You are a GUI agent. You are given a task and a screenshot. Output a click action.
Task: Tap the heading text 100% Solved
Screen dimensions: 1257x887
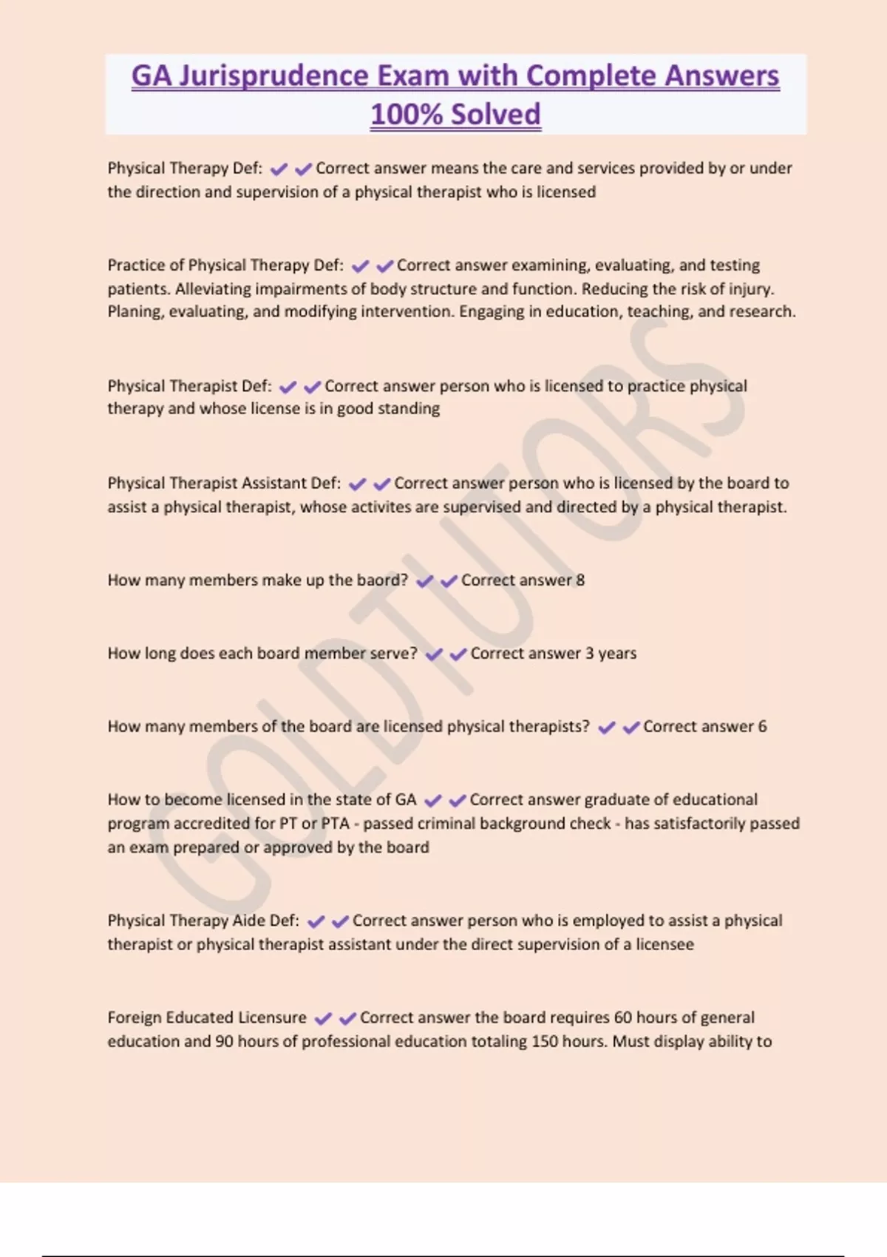click(x=455, y=115)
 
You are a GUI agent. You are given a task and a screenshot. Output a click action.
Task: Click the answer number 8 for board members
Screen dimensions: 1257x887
click(x=580, y=580)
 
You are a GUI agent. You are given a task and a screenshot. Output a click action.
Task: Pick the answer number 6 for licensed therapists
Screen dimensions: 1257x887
click(x=762, y=727)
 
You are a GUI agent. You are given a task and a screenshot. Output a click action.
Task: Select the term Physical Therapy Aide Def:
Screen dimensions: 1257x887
click(x=203, y=921)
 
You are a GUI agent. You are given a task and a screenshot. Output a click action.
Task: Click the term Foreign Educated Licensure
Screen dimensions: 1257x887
click(x=207, y=1017)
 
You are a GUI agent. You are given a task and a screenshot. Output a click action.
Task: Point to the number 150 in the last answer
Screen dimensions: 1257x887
click(x=545, y=1041)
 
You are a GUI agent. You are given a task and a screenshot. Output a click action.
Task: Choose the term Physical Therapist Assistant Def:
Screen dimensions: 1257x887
click(x=224, y=484)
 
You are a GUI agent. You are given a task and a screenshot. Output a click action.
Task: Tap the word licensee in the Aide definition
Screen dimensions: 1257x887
click(x=665, y=944)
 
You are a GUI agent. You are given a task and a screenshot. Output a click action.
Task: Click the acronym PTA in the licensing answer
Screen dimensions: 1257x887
click(x=335, y=824)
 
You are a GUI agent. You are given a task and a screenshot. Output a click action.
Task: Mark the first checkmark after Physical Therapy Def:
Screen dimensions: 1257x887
click(x=279, y=169)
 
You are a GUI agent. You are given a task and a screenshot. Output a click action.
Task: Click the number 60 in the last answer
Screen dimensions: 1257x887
click(x=623, y=1017)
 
